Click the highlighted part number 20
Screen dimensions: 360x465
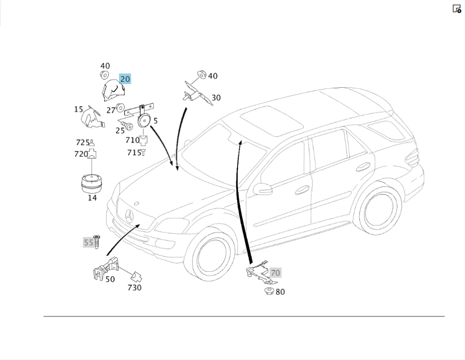[x=125, y=79]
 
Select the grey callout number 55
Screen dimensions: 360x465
[x=88, y=242]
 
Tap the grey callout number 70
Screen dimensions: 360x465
[x=275, y=273]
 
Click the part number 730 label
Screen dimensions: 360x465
[x=134, y=288]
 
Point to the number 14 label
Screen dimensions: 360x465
[x=92, y=198]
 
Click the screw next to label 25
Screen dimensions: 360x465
[x=129, y=126]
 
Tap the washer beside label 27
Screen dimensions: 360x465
[x=120, y=108]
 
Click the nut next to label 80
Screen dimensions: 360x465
[x=268, y=291]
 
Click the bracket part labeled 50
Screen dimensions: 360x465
[x=104, y=270]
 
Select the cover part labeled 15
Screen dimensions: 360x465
[x=91, y=118]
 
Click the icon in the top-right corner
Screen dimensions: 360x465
[x=457, y=9]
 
